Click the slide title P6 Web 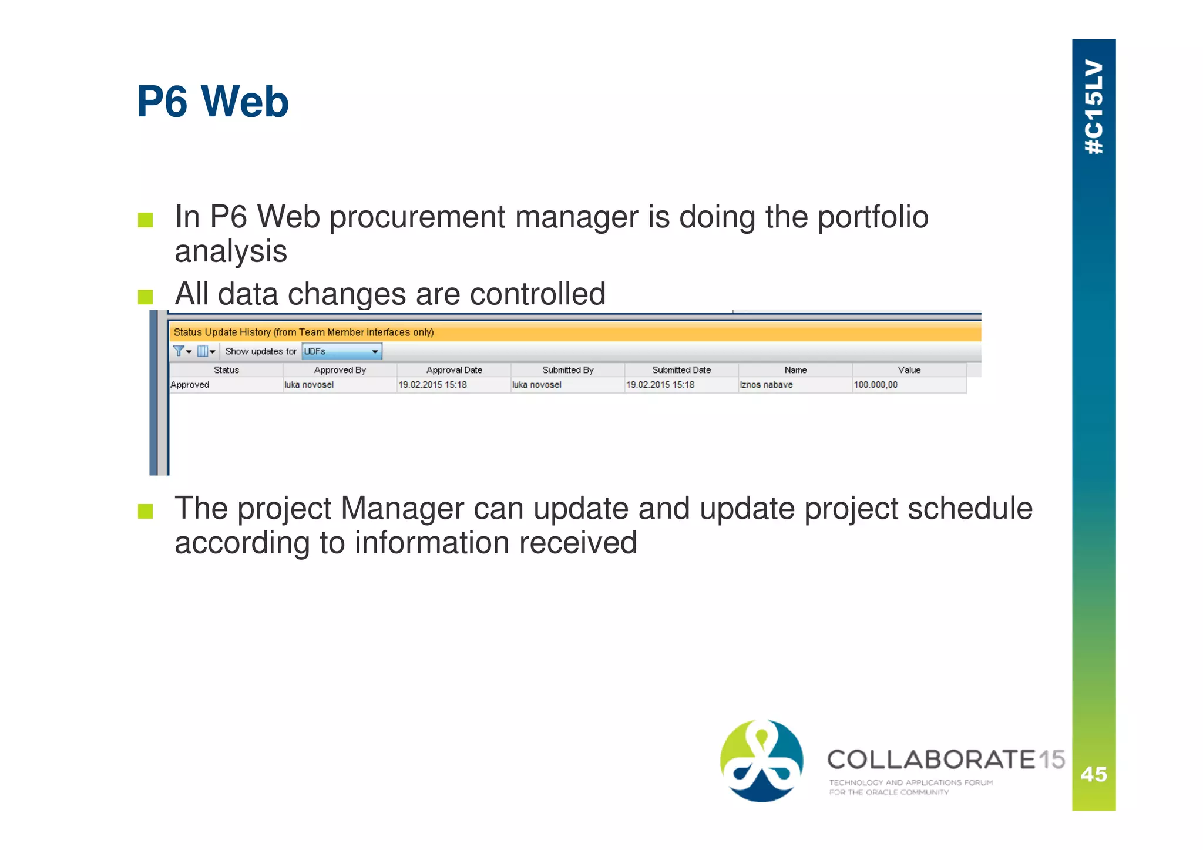point(213,102)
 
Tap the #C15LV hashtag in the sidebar point(1094,107)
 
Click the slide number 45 point(1094,774)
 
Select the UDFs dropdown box point(341,351)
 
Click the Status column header point(226,370)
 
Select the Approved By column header point(340,370)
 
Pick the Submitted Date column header point(681,370)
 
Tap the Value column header point(909,370)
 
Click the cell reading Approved point(190,385)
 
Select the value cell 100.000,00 point(875,385)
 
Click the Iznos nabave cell point(766,385)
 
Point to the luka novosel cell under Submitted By point(537,385)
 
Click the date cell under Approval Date point(432,385)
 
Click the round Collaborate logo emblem point(762,761)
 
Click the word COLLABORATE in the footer point(931,760)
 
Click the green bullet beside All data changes point(145,297)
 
